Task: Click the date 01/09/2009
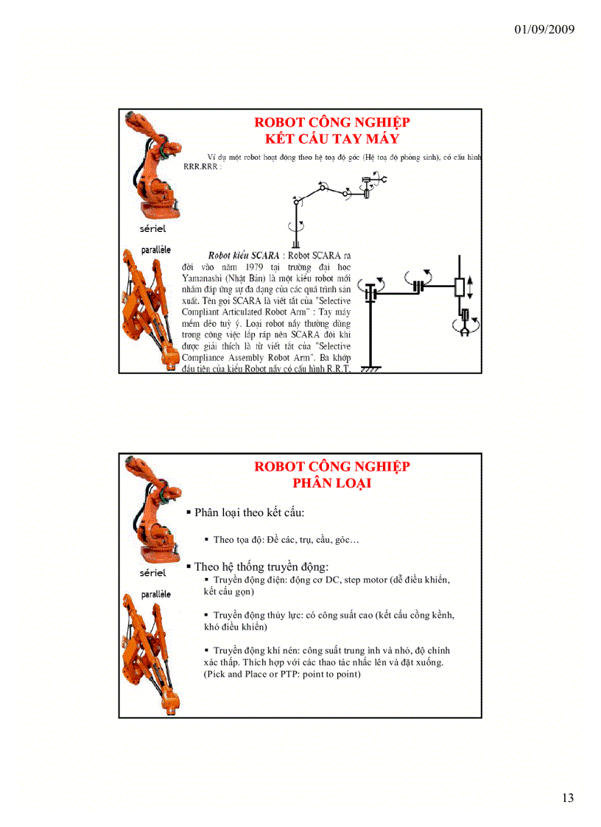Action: (x=545, y=29)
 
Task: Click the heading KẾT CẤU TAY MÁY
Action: (x=332, y=138)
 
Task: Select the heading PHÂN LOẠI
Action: (x=332, y=483)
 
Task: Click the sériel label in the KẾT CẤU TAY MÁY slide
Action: (x=152, y=229)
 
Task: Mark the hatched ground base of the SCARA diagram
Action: (x=372, y=370)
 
